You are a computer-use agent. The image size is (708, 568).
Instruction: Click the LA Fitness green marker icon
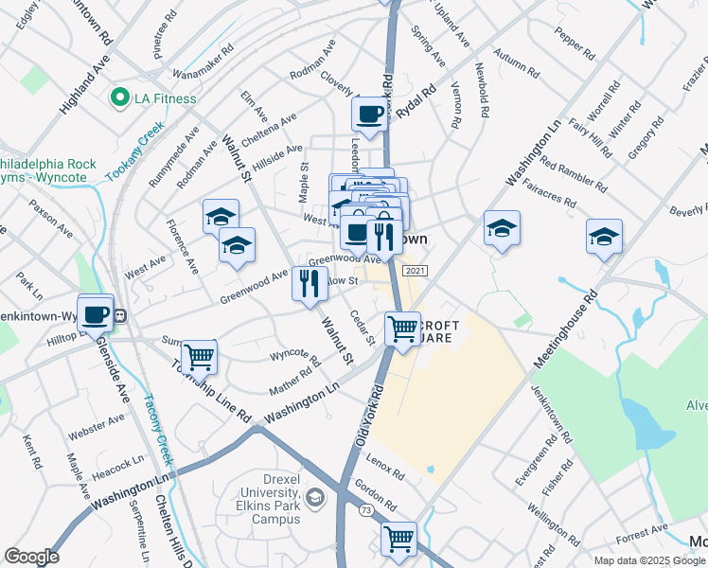pos(120,98)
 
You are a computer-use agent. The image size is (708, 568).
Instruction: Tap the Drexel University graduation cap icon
pos(314,497)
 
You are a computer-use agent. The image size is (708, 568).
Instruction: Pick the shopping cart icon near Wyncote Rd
pos(200,357)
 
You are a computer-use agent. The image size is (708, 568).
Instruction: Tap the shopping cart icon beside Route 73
pos(398,539)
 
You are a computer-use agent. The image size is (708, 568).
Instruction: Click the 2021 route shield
pos(413,272)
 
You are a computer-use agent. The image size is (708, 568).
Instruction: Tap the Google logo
pos(31,557)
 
